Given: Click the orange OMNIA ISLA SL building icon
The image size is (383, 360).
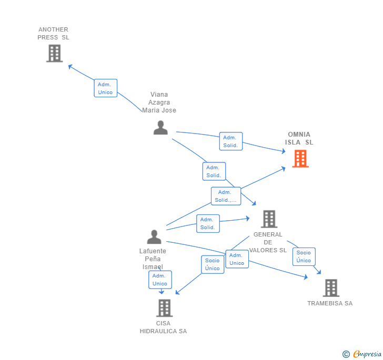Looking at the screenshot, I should click(300, 158).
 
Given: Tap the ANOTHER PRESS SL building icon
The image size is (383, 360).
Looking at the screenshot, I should click(54, 53).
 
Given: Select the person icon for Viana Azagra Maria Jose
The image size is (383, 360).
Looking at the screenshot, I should click(160, 128).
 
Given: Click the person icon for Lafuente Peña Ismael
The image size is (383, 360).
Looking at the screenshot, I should click(154, 237).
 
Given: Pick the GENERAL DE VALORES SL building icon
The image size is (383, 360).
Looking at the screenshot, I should click(269, 219).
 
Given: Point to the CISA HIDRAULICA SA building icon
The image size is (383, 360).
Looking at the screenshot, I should click(164, 308).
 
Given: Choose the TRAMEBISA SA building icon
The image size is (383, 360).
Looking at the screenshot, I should click(331, 288).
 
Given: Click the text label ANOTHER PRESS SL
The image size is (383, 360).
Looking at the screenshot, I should click(53, 34).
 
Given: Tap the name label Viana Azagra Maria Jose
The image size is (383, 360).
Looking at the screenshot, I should click(159, 102).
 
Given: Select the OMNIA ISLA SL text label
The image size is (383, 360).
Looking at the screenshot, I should click(299, 138).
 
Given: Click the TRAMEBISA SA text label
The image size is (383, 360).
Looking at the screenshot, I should click(330, 303).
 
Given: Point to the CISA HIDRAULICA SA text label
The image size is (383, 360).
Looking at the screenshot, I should click(163, 327).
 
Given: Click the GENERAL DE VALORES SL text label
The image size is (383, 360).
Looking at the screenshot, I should click(268, 242).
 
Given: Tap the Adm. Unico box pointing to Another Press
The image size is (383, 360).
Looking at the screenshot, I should click(105, 88).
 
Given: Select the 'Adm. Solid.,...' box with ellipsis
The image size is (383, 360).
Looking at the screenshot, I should click(226, 196).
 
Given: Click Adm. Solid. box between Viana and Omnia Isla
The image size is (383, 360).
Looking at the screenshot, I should click(230, 141).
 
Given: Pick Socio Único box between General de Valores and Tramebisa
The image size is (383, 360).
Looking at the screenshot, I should click(304, 256).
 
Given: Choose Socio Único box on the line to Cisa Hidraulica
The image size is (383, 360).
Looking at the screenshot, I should click(213, 264).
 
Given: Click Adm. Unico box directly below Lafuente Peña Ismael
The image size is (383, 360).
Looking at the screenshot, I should click(160, 280).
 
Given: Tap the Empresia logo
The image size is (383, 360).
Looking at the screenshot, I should click(362, 354).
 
